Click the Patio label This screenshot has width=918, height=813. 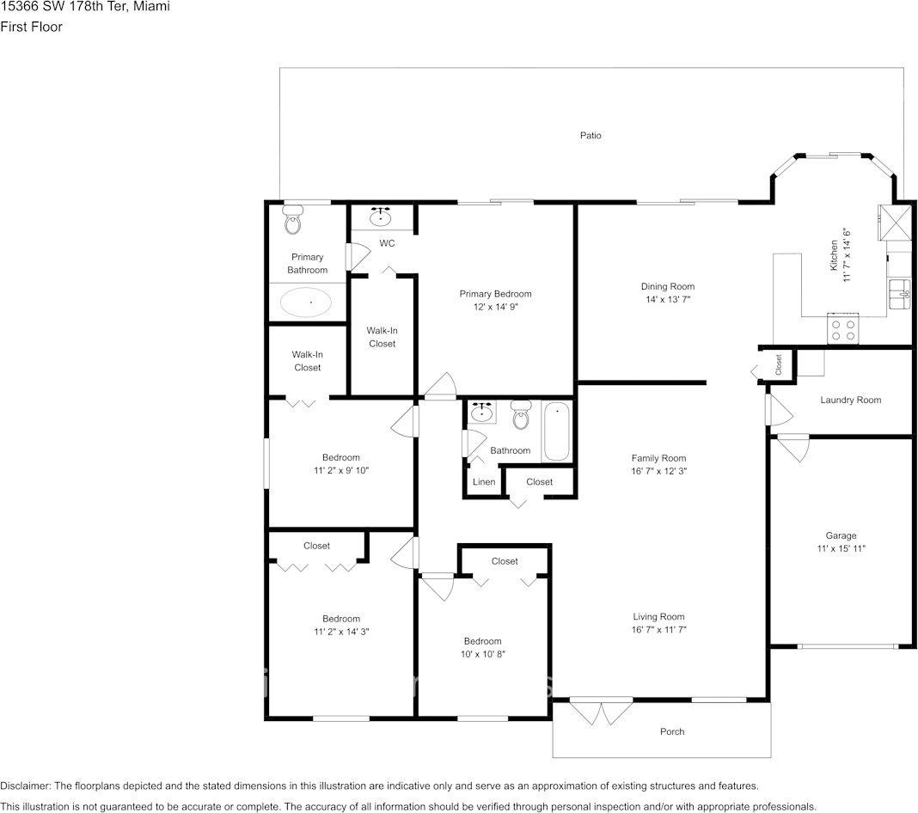(590, 136)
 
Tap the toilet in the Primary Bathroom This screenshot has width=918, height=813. (293, 223)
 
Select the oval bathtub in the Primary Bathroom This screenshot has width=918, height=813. (307, 303)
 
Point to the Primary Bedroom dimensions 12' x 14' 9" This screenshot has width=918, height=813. (495, 307)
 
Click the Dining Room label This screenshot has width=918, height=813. (667, 287)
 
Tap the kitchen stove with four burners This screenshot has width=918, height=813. (843, 330)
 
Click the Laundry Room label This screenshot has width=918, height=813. (850, 400)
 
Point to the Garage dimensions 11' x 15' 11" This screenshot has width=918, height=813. (841, 548)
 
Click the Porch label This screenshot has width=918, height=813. (672, 732)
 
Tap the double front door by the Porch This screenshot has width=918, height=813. (601, 712)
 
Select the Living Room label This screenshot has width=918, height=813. (658, 617)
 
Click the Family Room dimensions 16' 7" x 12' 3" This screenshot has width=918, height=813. (658, 471)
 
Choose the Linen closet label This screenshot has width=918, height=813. (484, 482)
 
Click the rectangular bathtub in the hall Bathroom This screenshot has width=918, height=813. (555, 431)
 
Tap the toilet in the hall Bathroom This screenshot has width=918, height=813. (521, 416)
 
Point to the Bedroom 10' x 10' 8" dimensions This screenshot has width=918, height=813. (482, 654)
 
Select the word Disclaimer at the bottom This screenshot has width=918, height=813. (26, 786)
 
